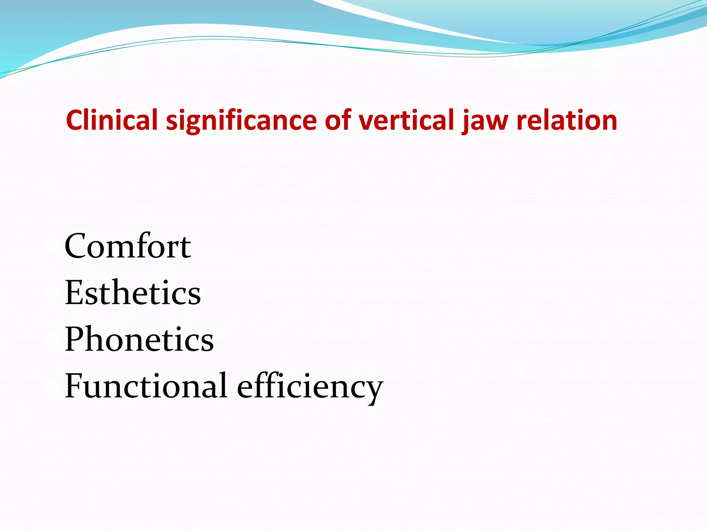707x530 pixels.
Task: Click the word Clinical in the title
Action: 112,120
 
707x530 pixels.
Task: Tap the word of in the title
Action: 338,120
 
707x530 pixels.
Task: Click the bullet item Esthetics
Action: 133,293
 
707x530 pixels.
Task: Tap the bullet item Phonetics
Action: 139,339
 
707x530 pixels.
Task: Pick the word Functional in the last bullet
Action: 146,386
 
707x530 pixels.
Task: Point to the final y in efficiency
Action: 374,390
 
